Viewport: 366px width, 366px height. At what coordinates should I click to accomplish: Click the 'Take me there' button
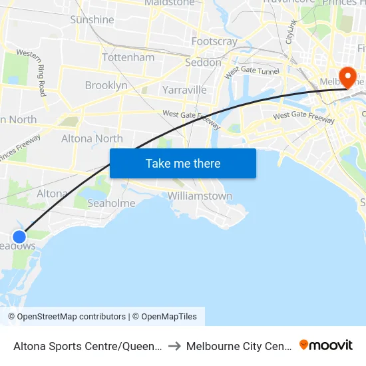coord(182,163)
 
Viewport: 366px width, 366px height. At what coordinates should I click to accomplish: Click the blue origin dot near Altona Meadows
coord(19,236)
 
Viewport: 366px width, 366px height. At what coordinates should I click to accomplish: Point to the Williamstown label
coord(200,196)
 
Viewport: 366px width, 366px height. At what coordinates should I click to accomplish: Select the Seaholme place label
coord(111,203)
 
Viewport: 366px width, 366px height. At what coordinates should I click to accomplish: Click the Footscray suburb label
coord(214,41)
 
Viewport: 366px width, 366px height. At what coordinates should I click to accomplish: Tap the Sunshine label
coord(92,20)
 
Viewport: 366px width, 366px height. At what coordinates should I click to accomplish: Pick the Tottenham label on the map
coord(128,57)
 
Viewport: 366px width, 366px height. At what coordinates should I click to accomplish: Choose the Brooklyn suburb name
coord(106,85)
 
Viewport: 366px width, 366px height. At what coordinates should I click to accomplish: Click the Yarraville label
coord(184,90)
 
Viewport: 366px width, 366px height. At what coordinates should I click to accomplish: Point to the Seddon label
coord(203,63)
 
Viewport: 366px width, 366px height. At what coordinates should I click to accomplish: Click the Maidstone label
coord(170,3)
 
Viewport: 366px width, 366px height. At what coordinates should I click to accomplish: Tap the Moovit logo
coord(326,345)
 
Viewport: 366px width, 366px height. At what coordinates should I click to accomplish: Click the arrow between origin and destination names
coord(175,346)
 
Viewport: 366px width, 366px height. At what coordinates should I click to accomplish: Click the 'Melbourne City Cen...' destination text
coord(238,346)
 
